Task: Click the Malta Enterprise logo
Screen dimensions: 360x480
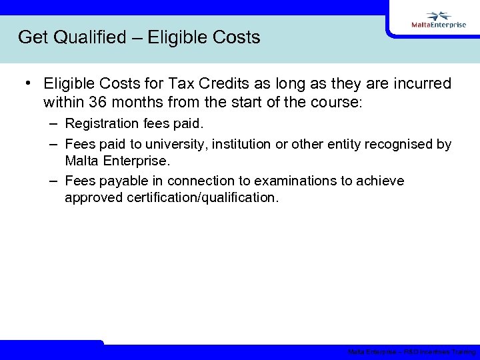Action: [x=438, y=21]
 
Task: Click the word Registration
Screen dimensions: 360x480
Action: [x=101, y=124]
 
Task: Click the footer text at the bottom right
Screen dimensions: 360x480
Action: [x=411, y=352]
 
